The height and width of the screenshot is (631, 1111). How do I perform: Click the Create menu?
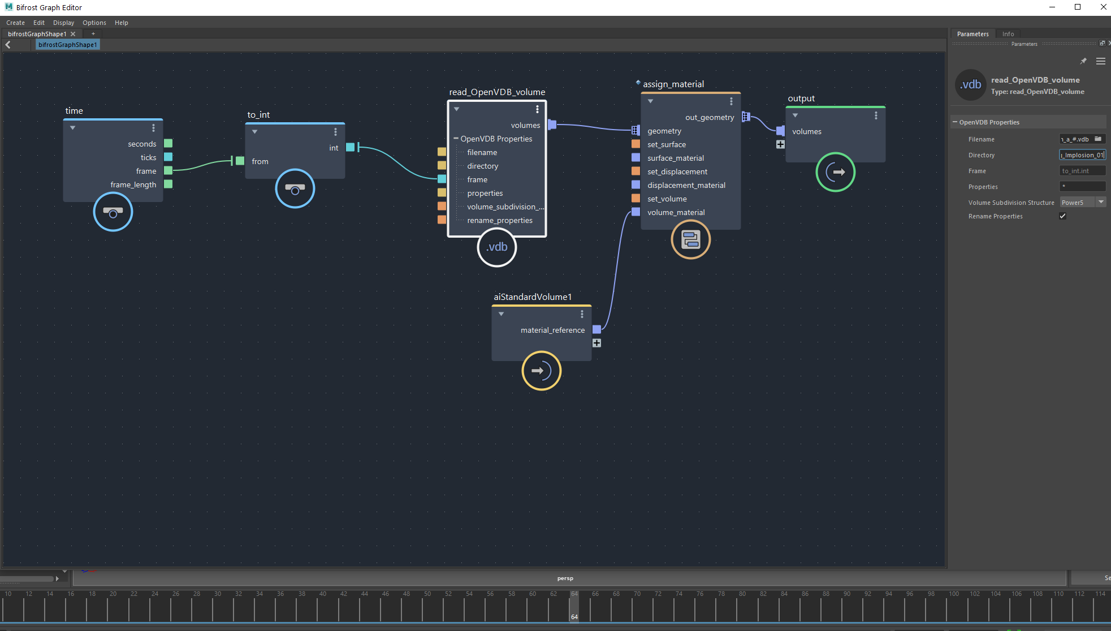[x=15, y=23]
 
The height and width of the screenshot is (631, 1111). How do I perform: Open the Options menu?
[x=94, y=23]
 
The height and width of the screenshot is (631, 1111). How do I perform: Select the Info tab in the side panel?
[x=1008, y=34]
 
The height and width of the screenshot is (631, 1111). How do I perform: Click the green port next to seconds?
[x=168, y=144]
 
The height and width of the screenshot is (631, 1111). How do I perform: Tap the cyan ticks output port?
[x=168, y=157]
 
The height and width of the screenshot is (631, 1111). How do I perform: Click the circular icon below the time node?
[x=113, y=212]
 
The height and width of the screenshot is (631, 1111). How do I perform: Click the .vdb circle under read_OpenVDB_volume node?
[x=497, y=247]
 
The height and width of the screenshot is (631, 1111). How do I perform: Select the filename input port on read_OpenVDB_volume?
[x=442, y=152]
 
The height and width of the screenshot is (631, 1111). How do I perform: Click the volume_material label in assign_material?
[x=676, y=213]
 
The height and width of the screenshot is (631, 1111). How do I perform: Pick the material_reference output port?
[x=596, y=330]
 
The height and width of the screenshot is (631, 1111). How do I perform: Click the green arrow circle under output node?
[x=835, y=172]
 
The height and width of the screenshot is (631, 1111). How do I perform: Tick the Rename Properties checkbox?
[x=1063, y=216]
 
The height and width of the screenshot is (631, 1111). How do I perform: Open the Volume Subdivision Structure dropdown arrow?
[x=1101, y=202]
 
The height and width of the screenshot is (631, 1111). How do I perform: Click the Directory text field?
[x=1082, y=155]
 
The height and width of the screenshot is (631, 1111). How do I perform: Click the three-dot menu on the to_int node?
[x=335, y=132]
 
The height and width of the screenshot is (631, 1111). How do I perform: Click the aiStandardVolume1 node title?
[x=533, y=297]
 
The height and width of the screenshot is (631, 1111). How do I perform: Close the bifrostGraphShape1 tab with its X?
[x=73, y=34]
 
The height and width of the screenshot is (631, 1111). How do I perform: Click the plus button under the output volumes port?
[x=780, y=145]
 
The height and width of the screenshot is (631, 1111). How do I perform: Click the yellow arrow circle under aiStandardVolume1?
[x=541, y=371]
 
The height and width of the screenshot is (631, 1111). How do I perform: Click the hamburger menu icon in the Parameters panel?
[x=1100, y=61]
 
